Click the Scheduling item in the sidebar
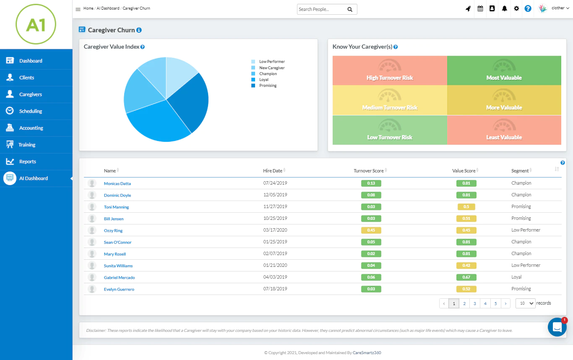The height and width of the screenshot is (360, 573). (x=31, y=111)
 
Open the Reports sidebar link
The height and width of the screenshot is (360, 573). (x=27, y=162)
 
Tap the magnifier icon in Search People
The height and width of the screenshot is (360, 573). (x=350, y=10)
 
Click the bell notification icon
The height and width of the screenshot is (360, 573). (x=504, y=9)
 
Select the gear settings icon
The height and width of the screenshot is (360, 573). (x=516, y=9)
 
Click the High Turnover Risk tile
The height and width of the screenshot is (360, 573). (x=390, y=70)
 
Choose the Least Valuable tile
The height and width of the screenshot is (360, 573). (x=504, y=130)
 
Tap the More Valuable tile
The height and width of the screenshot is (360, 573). (x=504, y=100)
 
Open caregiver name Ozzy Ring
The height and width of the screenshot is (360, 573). (x=113, y=230)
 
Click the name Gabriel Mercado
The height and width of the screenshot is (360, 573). (x=119, y=278)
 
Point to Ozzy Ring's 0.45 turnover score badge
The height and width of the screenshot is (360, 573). (x=371, y=230)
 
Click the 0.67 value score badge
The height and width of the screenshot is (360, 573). (x=466, y=277)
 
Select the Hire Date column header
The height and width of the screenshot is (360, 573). (x=273, y=171)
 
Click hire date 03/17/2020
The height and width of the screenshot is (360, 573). (x=275, y=230)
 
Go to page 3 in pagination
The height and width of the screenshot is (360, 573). (x=474, y=303)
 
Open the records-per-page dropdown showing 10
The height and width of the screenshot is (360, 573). (x=526, y=303)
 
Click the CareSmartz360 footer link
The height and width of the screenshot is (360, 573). (x=367, y=352)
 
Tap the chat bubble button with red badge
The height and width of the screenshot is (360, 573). (x=557, y=327)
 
